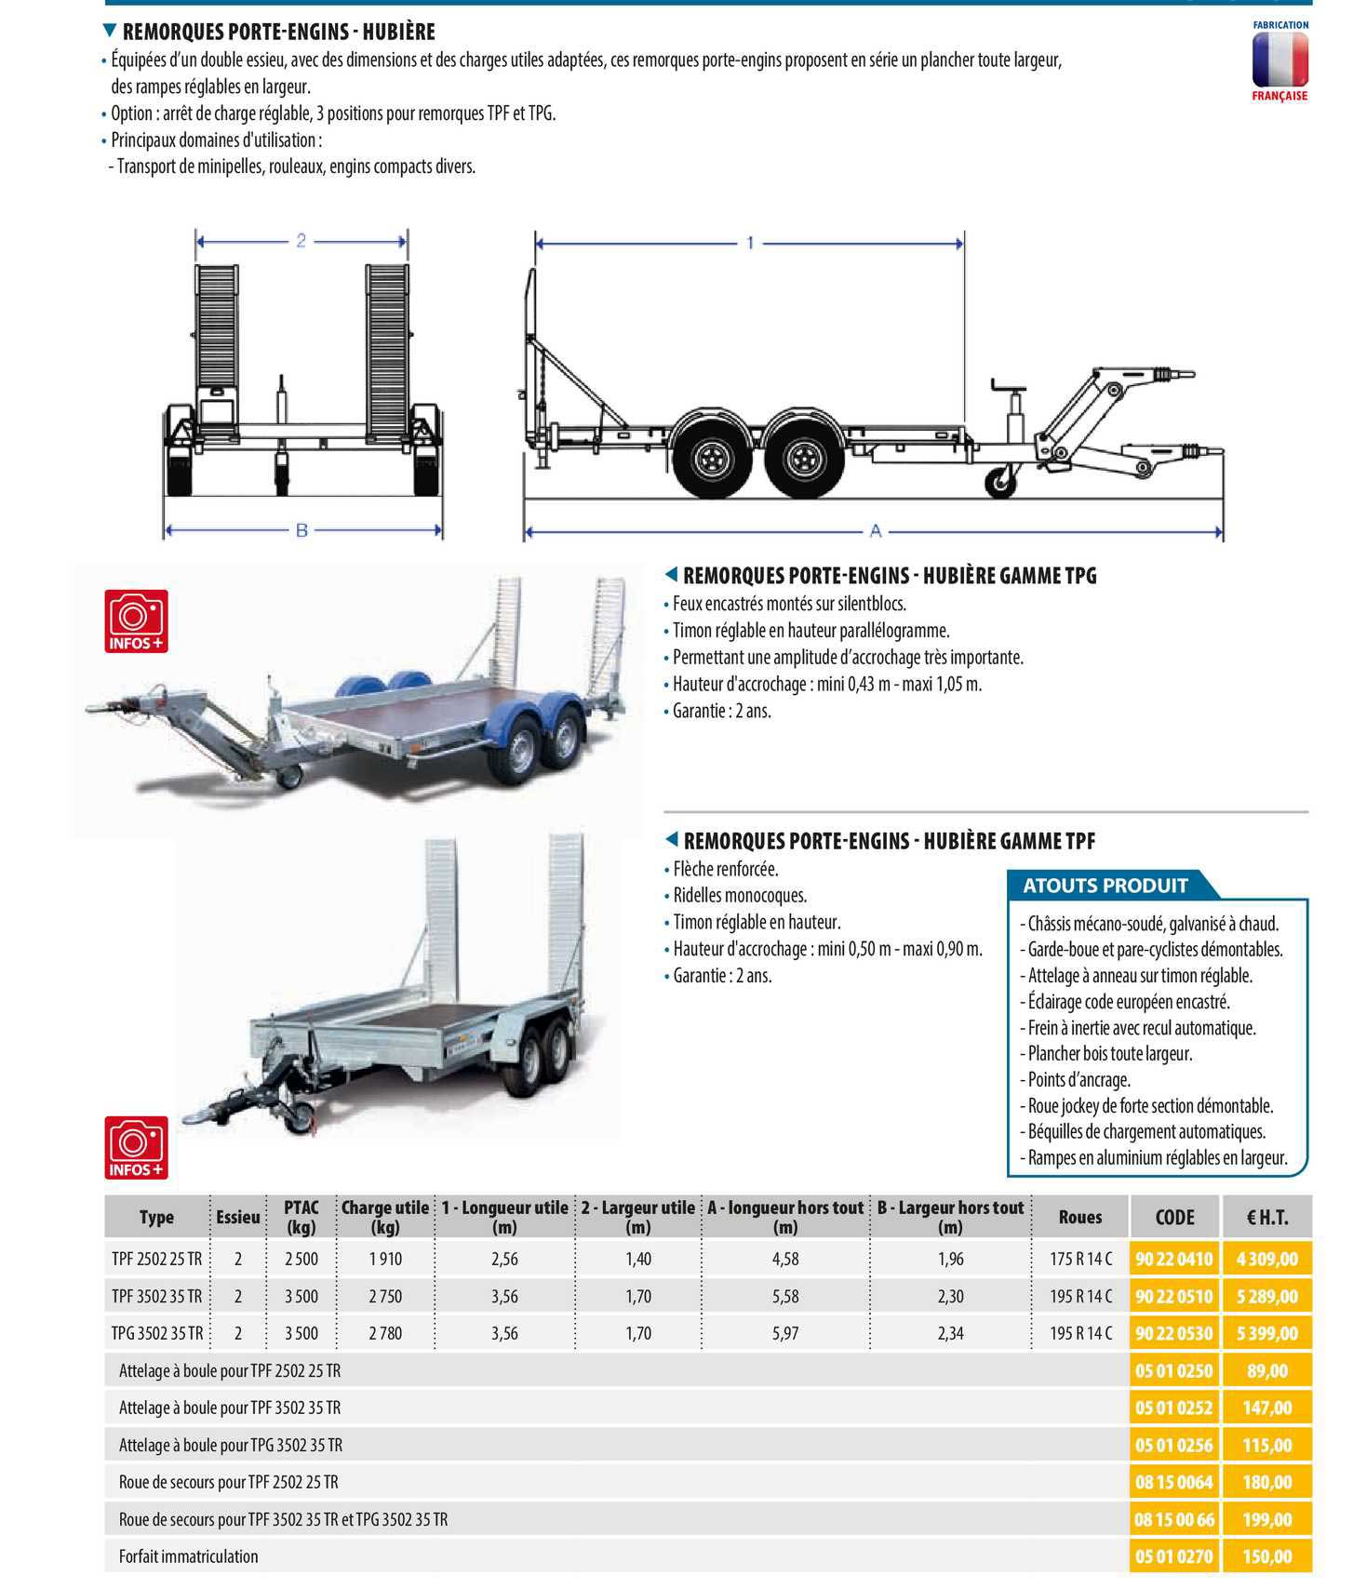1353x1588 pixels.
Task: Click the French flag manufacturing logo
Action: (1279, 60)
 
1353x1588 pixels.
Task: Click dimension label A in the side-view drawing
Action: (875, 531)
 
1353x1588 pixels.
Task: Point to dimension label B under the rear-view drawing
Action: (301, 531)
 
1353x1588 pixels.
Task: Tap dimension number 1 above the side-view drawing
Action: (750, 244)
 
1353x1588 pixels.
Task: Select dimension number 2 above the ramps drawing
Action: (301, 241)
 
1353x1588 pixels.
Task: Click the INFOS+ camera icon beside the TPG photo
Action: (138, 621)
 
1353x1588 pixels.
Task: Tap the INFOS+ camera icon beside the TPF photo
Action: (136, 1147)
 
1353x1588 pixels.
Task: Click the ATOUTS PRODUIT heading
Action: (1105, 886)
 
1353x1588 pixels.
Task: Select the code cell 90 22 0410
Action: (1173, 1259)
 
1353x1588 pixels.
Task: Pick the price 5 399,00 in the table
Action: (1266, 1333)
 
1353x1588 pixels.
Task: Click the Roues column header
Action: (1079, 1217)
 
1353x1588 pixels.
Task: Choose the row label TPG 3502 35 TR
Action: (156, 1333)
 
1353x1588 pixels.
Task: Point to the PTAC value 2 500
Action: (301, 1259)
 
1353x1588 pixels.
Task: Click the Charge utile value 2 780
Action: (384, 1333)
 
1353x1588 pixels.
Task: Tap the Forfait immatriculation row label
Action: (189, 1556)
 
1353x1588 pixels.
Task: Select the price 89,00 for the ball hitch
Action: (1266, 1370)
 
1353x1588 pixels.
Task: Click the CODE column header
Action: (1173, 1217)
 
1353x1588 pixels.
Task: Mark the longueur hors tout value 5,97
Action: (785, 1333)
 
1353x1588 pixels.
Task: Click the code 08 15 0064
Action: (1173, 1482)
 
